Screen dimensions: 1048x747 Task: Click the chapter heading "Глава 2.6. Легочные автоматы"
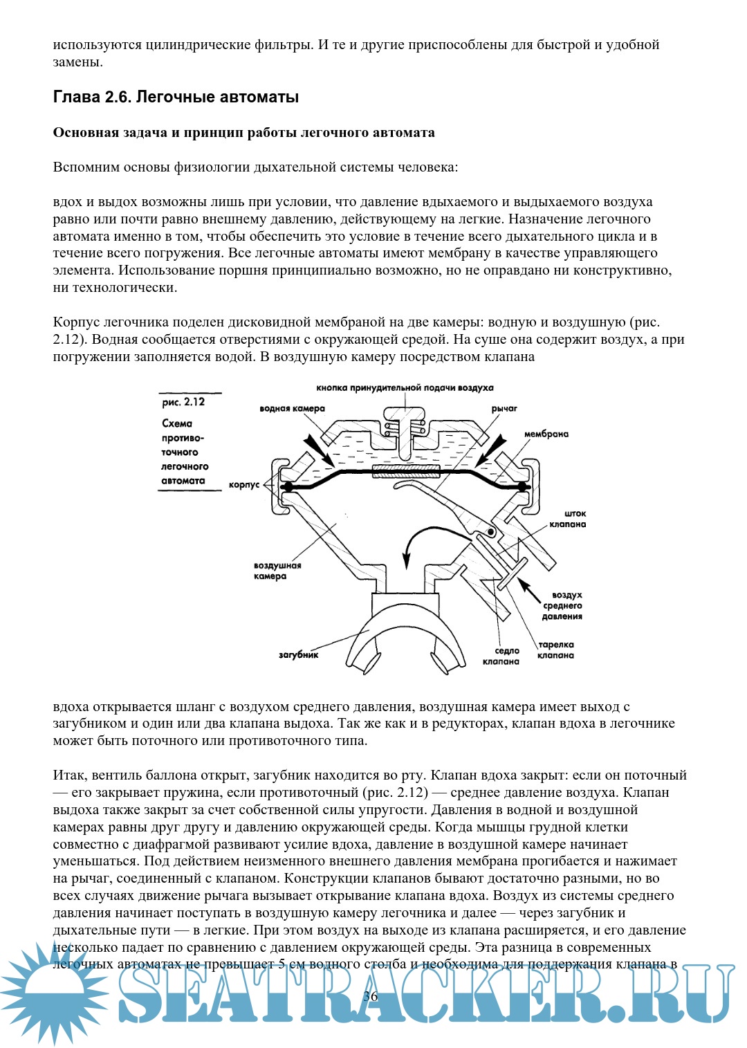[x=176, y=97]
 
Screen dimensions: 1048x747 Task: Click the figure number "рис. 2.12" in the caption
[x=183, y=402]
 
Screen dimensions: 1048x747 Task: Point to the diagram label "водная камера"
[x=292, y=409]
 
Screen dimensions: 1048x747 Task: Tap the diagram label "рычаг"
[x=504, y=409]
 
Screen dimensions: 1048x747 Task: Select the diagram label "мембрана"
[x=546, y=434]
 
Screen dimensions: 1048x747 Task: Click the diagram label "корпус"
[x=244, y=485]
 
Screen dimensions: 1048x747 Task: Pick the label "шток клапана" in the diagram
[x=568, y=519]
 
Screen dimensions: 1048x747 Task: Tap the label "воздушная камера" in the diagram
[x=277, y=571]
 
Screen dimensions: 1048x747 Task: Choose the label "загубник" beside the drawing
[x=298, y=654]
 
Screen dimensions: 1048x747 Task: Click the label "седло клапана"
[x=501, y=656]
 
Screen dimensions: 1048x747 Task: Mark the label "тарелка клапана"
[x=556, y=650]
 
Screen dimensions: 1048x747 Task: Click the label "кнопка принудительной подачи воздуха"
[x=405, y=388]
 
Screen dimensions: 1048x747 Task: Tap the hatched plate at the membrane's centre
[x=406, y=471]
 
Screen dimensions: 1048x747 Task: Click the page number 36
[x=371, y=996]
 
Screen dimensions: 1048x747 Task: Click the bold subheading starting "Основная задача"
[x=243, y=133]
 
